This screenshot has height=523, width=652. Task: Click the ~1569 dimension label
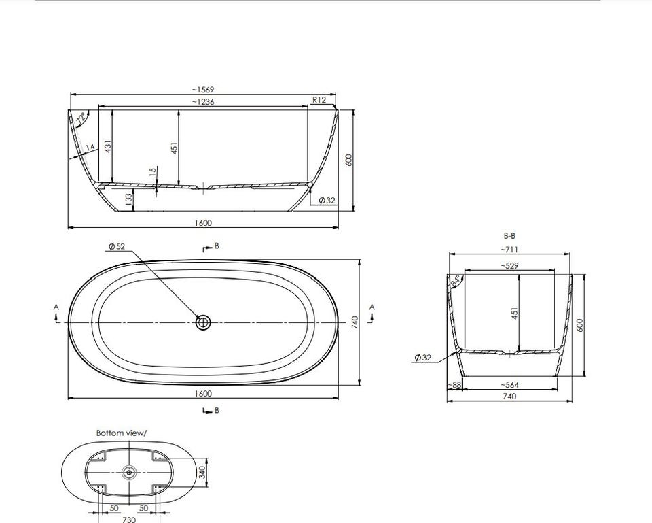[x=203, y=90]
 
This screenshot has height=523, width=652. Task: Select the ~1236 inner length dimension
[x=203, y=101]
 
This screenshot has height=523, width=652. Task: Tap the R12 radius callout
[x=319, y=99]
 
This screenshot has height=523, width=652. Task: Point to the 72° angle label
[x=81, y=118]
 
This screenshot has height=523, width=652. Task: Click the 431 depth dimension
[x=108, y=147]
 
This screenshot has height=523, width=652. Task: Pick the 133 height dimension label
[x=129, y=198]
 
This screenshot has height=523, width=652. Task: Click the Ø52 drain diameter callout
[x=117, y=246]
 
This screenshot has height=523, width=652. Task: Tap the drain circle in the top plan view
[x=203, y=322]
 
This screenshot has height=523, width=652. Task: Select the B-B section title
[x=509, y=236]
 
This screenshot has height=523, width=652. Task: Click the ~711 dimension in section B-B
[x=509, y=250]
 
